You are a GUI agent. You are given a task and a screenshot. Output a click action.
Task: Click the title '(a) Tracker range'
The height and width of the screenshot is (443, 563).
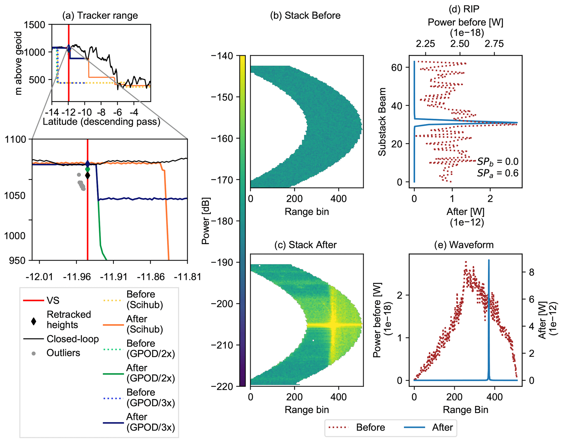pyautogui.click(x=100, y=16)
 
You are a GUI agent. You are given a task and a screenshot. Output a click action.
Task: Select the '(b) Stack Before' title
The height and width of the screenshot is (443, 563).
pyautogui.click(x=305, y=16)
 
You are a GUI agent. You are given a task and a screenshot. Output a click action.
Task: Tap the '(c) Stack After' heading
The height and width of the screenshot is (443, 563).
pyautogui.click(x=305, y=245)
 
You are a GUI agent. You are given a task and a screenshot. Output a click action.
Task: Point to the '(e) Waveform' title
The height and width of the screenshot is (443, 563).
pyautogui.click(x=464, y=245)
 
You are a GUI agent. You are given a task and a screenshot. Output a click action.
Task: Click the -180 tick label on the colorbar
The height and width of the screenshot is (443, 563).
pyautogui.click(x=222, y=221)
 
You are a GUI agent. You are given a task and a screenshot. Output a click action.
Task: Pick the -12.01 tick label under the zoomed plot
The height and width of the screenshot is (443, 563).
pyautogui.click(x=39, y=277)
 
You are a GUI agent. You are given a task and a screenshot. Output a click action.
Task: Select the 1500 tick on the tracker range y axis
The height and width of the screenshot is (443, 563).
pyautogui.click(x=34, y=25)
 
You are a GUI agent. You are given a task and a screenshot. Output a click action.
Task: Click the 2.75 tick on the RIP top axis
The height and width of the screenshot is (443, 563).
pyautogui.click(x=494, y=44)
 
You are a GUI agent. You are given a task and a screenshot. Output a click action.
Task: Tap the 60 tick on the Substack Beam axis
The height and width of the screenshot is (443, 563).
pyautogui.click(x=397, y=68)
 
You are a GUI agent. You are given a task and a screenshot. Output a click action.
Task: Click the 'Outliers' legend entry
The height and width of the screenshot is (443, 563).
pyautogui.click(x=63, y=353)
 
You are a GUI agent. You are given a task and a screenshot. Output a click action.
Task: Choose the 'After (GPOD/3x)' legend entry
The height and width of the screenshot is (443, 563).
pyautogui.click(x=150, y=422)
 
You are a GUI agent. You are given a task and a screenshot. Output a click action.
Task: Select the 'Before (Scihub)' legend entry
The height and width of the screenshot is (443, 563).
pyautogui.click(x=145, y=299)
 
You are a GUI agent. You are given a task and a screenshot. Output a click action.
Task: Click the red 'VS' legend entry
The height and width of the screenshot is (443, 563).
pyautogui.click(x=53, y=300)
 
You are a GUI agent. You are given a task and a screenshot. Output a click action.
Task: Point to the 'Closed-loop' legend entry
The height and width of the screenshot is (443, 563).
pyautogui.click(x=72, y=339)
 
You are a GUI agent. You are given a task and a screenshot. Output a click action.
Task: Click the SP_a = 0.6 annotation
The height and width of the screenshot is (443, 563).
pyautogui.click(x=497, y=173)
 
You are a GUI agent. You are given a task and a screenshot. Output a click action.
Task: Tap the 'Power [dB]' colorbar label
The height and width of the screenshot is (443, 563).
pyautogui.click(x=205, y=221)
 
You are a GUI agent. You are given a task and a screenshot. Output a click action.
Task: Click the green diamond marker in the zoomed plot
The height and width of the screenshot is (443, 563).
pyautogui.click(x=87, y=169)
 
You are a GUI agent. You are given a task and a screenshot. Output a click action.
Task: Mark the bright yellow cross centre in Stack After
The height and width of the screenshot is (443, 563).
pyautogui.click(x=333, y=325)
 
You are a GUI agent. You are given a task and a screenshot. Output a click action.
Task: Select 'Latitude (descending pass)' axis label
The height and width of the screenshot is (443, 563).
pyautogui.click(x=101, y=122)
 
